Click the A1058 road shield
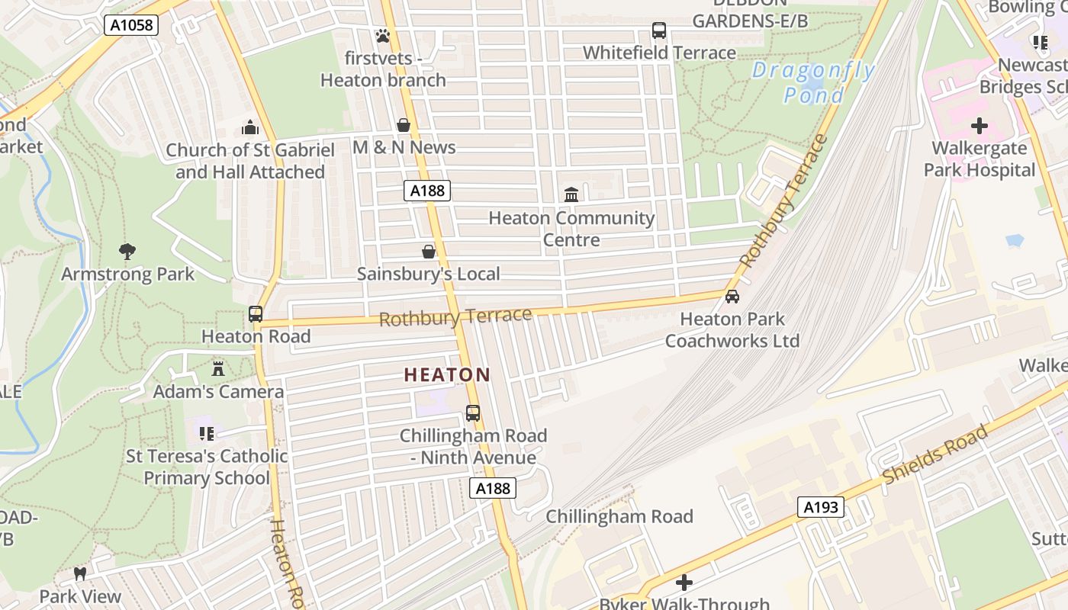point(130,25)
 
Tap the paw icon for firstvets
point(383,35)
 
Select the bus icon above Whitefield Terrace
point(659,30)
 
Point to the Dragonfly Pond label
point(813,82)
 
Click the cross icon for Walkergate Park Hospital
point(980,126)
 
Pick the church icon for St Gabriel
point(250,127)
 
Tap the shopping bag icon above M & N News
point(404,125)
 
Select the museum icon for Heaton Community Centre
point(571,194)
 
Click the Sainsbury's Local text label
point(429,274)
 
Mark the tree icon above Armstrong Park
point(127,251)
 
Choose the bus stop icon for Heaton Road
point(256,313)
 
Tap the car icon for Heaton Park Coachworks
point(732,297)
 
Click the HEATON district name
point(447,374)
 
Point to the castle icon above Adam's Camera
point(218,369)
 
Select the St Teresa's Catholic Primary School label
point(207,467)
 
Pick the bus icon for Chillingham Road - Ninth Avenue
point(473,413)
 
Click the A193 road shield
point(822,507)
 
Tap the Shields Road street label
point(936,454)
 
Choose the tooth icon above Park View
point(80,573)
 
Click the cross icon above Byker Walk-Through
point(684,583)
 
